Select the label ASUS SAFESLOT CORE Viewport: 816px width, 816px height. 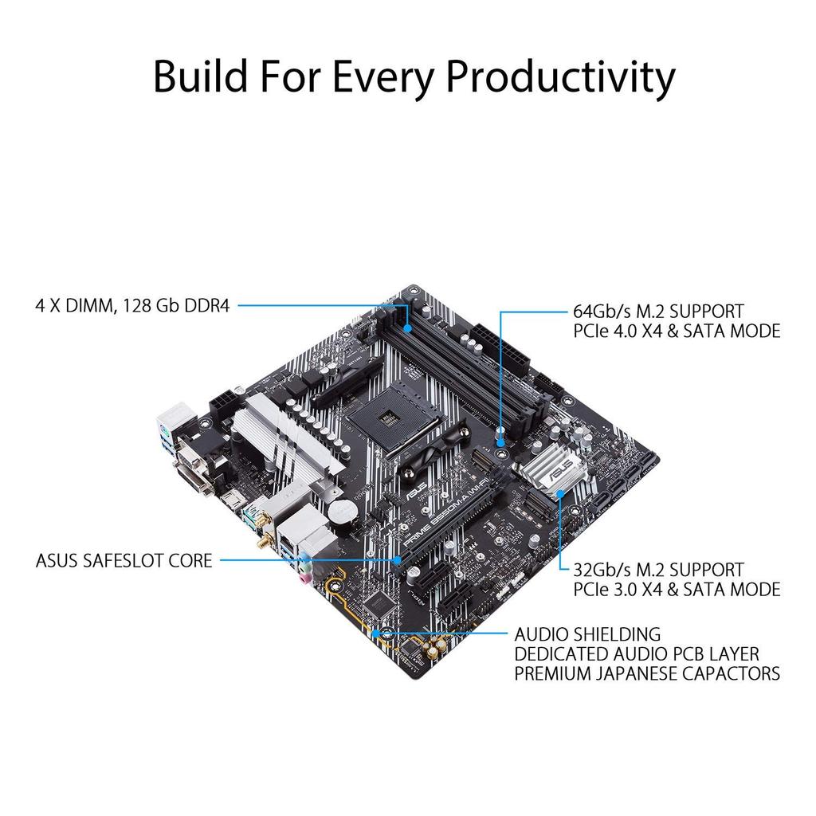point(124,561)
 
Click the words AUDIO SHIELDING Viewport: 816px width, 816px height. point(587,634)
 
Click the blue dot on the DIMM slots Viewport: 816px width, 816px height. point(408,328)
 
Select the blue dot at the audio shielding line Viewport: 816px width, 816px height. point(386,634)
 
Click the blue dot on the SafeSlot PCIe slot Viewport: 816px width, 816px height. point(398,561)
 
